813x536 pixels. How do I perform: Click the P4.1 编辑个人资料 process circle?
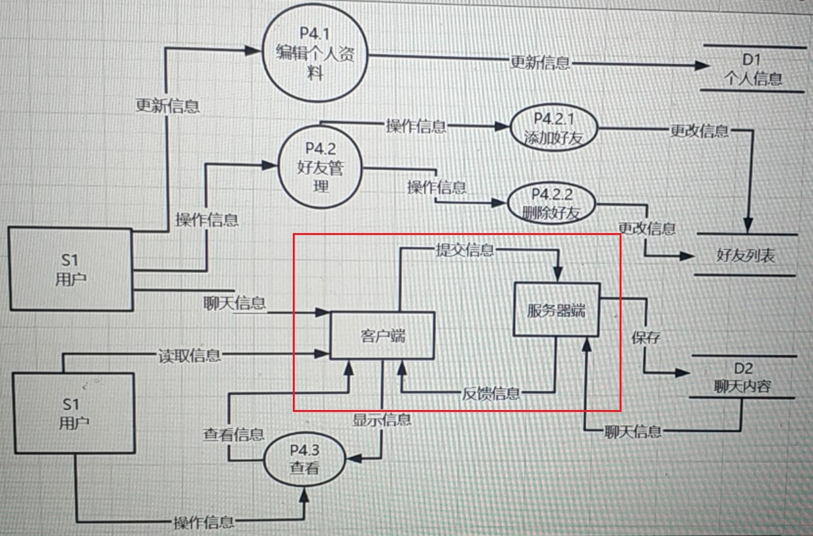point(316,55)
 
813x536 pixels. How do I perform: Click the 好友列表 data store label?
point(746,255)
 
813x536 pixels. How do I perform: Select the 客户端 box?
point(382,336)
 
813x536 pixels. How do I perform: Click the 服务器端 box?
point(556,310)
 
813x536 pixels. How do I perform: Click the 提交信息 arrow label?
point(465,249)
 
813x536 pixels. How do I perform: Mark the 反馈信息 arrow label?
point(491,393)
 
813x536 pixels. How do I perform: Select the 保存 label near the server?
point(645,338)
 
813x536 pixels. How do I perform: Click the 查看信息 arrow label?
point(233,434)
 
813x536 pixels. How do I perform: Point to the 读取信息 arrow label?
point(190,356)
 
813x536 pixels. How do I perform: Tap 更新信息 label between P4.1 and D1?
point(540,63)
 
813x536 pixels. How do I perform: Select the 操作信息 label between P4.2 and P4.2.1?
point(416,126)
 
